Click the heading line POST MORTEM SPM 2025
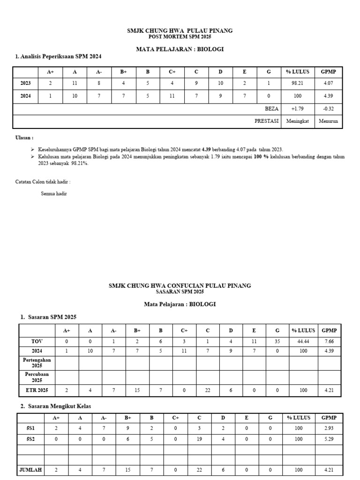click(x=180, y=37)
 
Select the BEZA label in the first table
click(x=271, y=109)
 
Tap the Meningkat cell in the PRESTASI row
click(x=297, y=121)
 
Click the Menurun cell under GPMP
click(x=328, y=121)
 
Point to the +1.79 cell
click(x=297, y=109)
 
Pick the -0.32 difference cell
click(x=328, y=109)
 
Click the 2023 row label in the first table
click(x=26, y=83)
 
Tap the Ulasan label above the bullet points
click(x=24, y=138)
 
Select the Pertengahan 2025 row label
click(x=37, y=362)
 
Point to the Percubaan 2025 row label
click(x=37, y=377)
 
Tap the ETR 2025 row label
click(x=37, y=390)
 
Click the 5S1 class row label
click(x=30, y=428)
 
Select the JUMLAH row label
click(x=30, y=470)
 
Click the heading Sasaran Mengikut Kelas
click(x=53, y=405)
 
